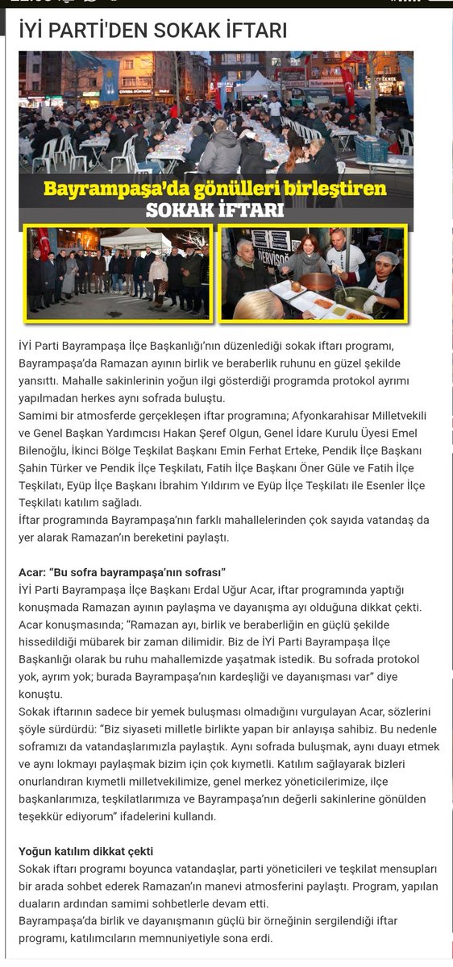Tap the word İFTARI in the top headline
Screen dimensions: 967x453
(256, 31)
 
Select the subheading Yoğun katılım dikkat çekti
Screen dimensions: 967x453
(86, 851)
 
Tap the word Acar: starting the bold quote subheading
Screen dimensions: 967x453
(33, 572)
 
